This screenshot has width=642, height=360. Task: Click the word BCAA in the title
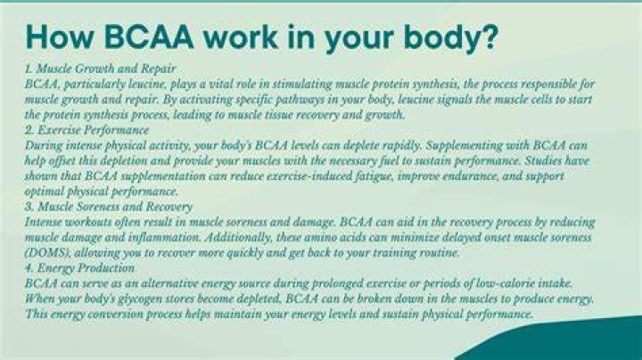coord(149,37)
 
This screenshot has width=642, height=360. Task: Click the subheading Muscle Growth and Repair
coord(106,69)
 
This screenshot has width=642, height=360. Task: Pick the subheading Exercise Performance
coord(94,130)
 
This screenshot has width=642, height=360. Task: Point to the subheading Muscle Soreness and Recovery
coord(115,207)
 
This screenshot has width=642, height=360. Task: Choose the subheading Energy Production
coord(86,268)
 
